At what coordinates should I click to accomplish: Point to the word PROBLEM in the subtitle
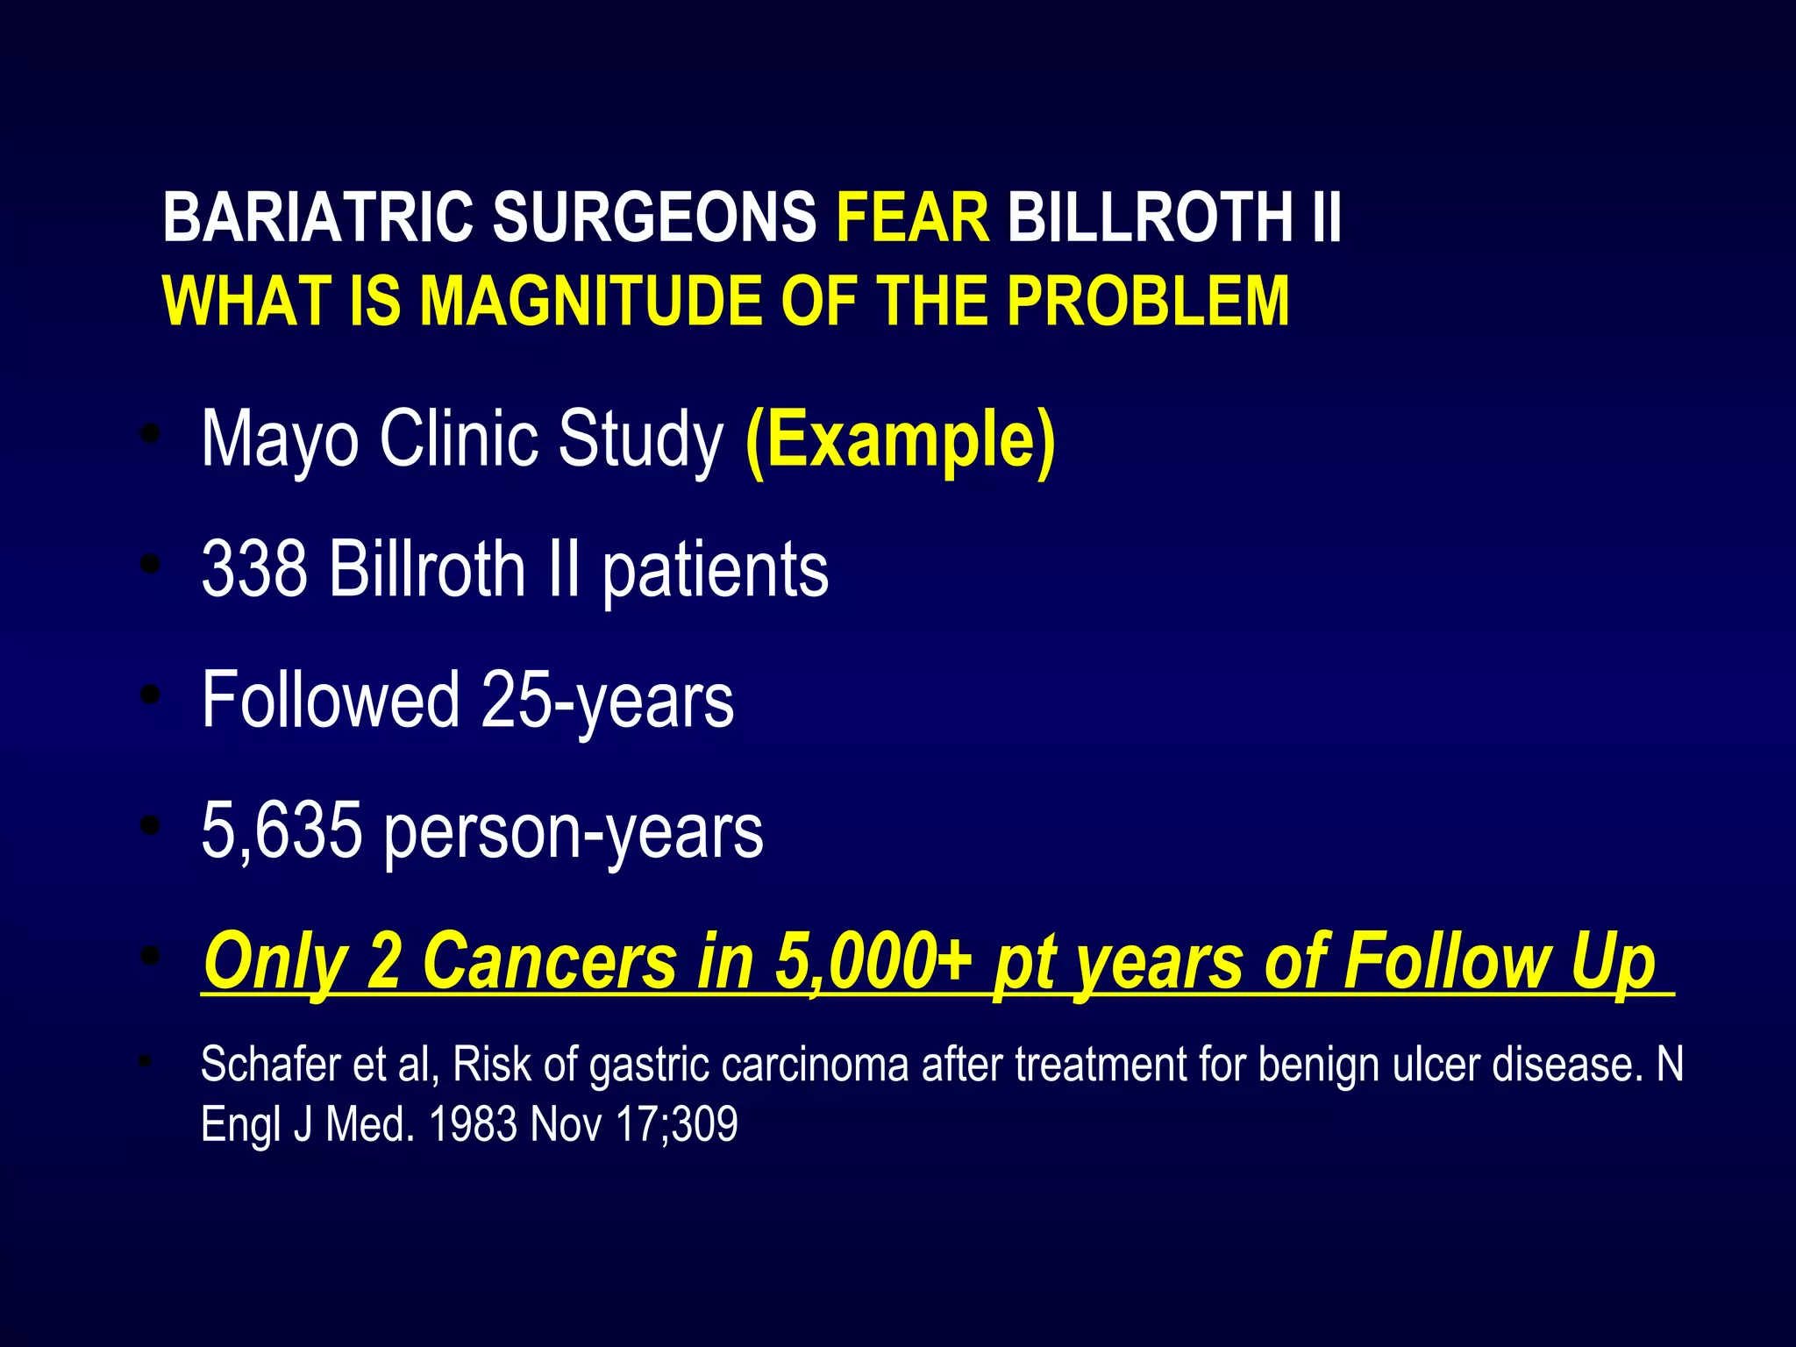pos(1148,302)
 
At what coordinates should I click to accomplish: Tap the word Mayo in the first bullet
pos(280,439)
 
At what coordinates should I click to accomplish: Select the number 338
pos(254,569)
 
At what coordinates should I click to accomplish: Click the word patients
pos(715,571)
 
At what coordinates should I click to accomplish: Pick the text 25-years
pos(607,701)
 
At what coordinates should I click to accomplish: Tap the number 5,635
pos(282,830)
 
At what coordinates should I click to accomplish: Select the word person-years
pos(574,832)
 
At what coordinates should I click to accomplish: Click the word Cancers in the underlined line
pos(550,961)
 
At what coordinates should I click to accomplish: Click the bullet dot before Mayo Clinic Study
pos(151,434)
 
